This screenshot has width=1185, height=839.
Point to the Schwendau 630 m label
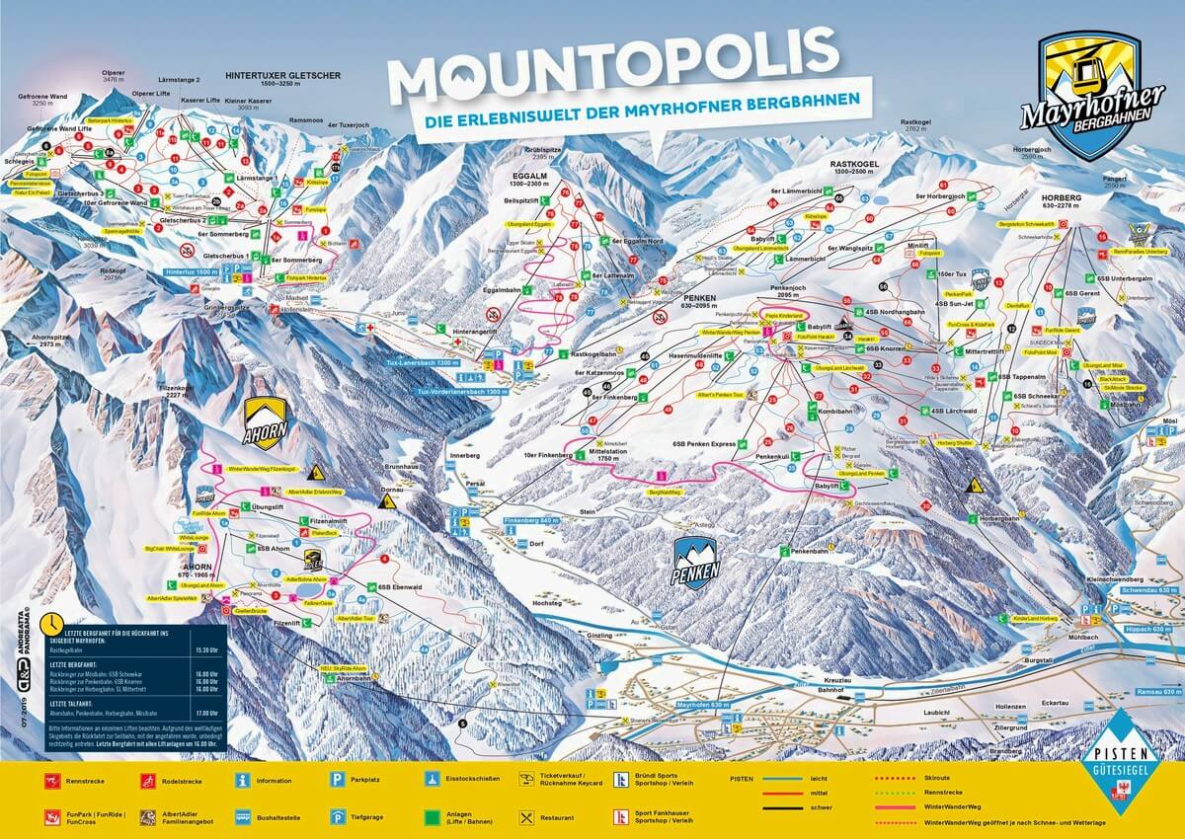(x=1151, y=589)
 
